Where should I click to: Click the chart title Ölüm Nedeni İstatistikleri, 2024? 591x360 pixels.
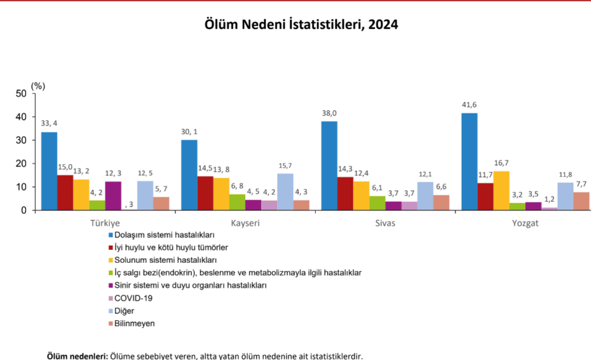tap(301, 25)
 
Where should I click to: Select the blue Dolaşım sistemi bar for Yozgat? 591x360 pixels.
tap(469, 161)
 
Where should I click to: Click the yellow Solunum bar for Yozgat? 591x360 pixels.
tap(501, 190)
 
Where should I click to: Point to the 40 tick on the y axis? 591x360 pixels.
tap(21, 117)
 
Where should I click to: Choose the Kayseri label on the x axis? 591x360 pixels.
tap(245, 224)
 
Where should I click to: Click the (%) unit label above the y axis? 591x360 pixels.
tap(38, 85)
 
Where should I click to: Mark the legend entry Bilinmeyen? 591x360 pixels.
tap(134, 323)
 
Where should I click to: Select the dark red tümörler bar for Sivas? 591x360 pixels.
tap(345, 193)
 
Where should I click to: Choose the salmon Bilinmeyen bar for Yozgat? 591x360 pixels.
tap(581, 201)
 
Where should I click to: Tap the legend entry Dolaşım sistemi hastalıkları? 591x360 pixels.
tap(163, 234)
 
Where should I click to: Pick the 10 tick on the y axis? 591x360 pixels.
tap(21, 187)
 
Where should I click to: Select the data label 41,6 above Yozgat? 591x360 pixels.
tap(469, 105)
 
